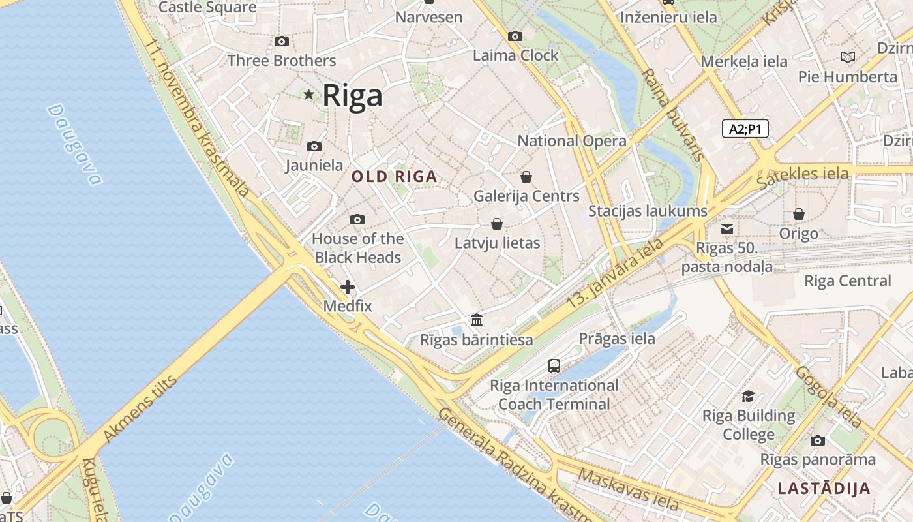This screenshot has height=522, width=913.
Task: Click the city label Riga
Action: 352,96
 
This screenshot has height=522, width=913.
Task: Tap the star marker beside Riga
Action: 308,95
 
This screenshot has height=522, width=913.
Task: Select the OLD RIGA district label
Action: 394,176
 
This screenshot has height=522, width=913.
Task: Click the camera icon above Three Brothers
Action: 282,42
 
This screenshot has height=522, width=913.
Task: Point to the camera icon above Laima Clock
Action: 515,36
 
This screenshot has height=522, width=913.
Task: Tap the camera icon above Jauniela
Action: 314,147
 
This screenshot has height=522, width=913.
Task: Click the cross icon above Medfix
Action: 348,286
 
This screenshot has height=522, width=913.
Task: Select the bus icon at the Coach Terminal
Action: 554,366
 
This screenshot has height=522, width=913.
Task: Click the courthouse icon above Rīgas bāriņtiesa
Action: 477,320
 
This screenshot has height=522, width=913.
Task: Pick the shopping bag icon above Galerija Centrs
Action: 526,177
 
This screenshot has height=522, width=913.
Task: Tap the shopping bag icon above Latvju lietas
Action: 497,224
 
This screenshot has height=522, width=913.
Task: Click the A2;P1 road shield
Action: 745,129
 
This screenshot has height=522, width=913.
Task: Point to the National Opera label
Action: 572,141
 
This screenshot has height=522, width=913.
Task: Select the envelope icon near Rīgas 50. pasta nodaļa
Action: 727,229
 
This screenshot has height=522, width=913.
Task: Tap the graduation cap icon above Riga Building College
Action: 749,397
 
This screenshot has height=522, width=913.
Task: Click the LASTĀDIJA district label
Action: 824,488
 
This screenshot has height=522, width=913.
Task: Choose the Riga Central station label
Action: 847,281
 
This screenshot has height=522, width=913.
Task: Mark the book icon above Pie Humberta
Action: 848,57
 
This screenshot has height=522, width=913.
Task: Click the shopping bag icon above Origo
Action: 799,214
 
